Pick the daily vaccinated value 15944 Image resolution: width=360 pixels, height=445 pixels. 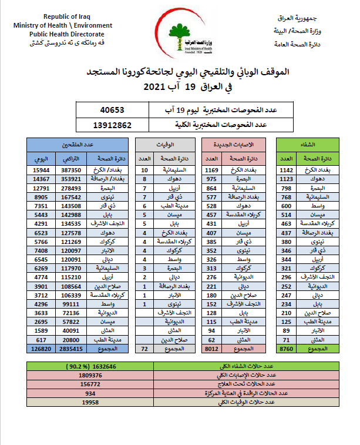tap(41, 170)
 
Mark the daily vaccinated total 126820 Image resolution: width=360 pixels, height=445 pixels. tap(41, 348)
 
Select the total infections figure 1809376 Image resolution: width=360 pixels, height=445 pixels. tap(89, 375)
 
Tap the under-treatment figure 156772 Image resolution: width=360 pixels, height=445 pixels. tap(89, 384)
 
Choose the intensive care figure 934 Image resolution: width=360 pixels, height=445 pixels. tap(89, 393)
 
